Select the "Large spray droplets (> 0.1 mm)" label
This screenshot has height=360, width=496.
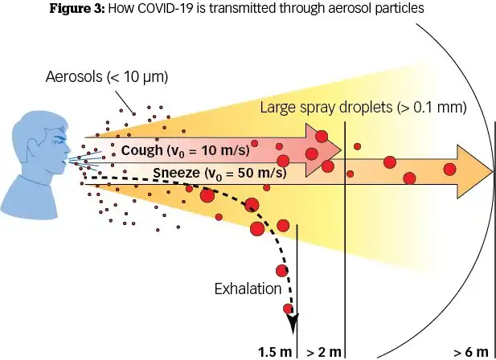pyautogui.click(x=364, y=107)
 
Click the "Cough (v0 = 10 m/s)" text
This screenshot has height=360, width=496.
pyautogui.click(x=185, y=150)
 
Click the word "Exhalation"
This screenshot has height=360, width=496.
pyautogui.click(x=247, y=288)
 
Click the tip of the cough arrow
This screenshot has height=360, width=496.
pyautogui.click(x=340, y=150)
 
